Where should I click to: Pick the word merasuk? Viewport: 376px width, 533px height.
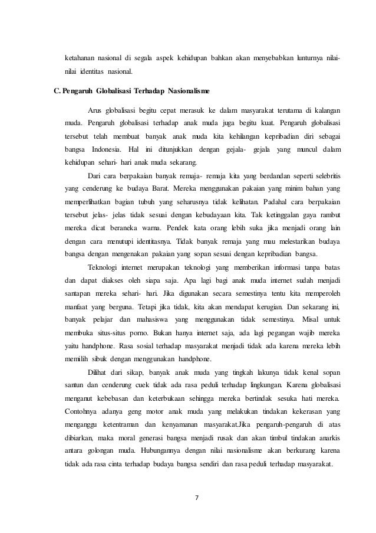coord(189,110)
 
